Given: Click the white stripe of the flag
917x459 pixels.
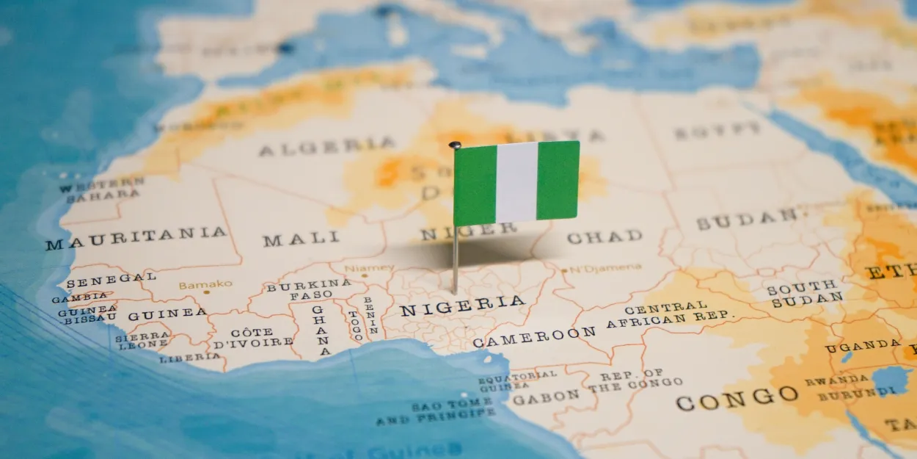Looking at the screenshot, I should click(516, 182).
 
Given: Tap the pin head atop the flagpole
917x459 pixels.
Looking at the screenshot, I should click(455, 145).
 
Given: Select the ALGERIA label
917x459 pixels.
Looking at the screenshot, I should click(326, 146).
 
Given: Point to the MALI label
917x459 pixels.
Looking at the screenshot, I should click(301, 239).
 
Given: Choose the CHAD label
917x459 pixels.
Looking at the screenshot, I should click(604, 236).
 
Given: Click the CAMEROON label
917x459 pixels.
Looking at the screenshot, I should click(533, 336).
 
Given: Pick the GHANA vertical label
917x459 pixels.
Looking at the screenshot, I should click(320, 330).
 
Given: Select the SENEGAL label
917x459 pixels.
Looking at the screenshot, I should click(111, 279).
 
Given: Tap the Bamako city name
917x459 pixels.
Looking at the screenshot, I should click(205, 284).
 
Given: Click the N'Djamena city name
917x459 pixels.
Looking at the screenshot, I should click(605, 268).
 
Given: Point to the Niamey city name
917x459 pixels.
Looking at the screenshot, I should click(369, 269).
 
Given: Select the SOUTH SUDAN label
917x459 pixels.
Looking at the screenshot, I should click(805, 292).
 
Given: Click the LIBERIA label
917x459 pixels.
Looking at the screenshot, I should click(190, 358).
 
